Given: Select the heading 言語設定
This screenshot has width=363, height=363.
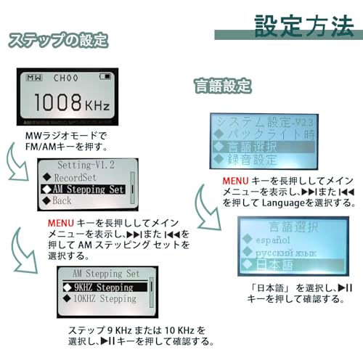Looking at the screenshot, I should (222, 86).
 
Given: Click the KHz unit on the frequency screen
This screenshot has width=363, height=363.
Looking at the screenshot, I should (97, 107).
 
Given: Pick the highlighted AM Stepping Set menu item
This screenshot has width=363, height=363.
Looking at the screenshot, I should (83, 189).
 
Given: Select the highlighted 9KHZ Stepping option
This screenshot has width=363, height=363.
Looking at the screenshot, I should (103, 287).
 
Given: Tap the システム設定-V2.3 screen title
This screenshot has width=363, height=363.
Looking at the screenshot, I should (264, 121).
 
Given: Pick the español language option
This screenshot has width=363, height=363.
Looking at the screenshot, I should (269, 240).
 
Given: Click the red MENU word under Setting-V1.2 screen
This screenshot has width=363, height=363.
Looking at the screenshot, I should (58, 222).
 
